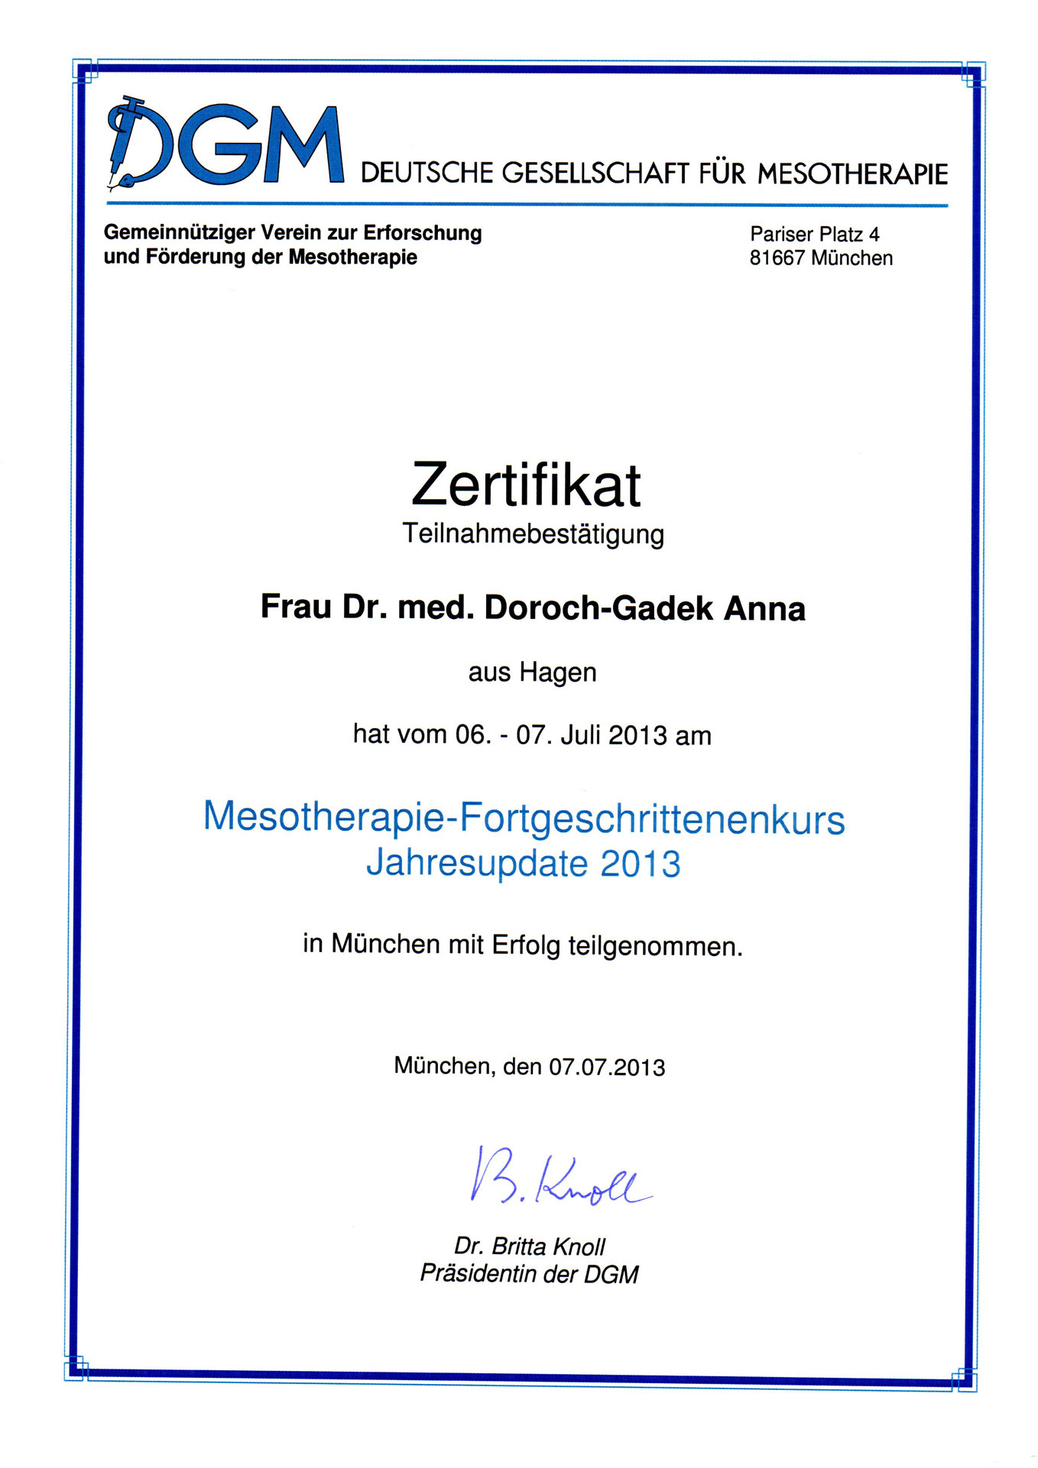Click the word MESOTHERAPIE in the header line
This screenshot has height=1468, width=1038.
tap(852, 174)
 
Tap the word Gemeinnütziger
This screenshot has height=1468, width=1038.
tap(179, 232)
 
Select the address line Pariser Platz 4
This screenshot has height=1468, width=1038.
tap(814, 234)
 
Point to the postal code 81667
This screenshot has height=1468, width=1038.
tap(777, 258)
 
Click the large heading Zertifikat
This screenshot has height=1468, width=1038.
tap(526, 484)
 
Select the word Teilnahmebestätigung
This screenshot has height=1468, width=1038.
tap(533, 533)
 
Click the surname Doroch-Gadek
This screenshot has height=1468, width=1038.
tap(598, 608)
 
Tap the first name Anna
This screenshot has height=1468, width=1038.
tap(764, 609)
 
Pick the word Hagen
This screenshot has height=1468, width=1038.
tap(558, 672)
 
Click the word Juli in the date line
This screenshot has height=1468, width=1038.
tap(581, 735)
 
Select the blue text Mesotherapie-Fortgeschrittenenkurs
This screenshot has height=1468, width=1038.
tap(524, 818)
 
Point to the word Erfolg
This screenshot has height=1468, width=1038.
tap(526, 945)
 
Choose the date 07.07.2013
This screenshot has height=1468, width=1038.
tap(607, 1067)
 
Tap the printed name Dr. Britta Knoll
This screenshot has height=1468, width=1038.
tap(529, 1246)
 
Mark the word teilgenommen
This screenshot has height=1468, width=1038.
tap(655, 947)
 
